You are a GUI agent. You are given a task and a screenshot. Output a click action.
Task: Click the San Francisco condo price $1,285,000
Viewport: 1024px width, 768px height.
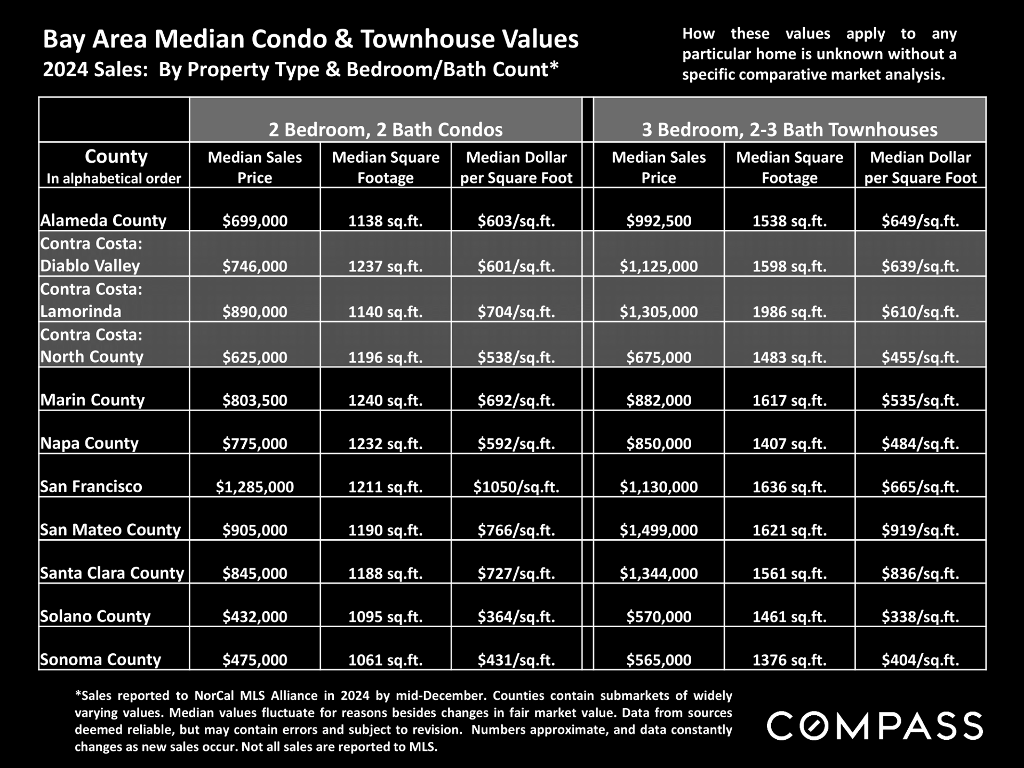[254, 487]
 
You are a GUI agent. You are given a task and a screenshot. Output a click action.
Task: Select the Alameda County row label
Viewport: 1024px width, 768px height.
[103, 221]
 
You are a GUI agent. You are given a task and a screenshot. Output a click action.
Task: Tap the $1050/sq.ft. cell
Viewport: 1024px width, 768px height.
[516, 487]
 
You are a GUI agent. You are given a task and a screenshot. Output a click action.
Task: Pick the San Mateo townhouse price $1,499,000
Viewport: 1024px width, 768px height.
[659, 530]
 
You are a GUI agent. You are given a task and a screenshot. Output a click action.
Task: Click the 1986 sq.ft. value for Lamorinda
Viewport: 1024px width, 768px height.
[789, 312]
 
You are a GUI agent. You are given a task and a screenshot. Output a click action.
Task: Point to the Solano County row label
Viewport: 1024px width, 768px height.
[95, 617]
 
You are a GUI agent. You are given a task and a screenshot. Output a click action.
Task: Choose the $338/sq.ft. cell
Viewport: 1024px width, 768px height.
[920, 617]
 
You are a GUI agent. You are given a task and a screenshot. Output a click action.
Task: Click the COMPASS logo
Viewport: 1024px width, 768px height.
[875, 725]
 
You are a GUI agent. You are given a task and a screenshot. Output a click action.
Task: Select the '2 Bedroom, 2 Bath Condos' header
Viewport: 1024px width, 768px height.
[386, 130]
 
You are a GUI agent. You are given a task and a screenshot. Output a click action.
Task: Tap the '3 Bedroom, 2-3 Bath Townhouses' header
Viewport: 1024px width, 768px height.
[789, 130]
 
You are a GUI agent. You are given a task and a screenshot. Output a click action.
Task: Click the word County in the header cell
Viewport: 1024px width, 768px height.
[116, 156]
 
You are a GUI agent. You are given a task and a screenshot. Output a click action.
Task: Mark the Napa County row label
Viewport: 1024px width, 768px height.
[90, 443]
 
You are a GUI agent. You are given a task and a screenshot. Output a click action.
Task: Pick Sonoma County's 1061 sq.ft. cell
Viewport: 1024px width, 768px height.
[386, 660]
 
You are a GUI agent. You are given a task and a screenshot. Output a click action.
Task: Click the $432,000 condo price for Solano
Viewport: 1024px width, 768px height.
[255, 617]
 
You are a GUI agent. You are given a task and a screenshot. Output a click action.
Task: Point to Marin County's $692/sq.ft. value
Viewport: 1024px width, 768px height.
[516, 401]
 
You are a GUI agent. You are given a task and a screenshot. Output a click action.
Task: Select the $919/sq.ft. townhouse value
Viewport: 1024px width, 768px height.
[920, 530]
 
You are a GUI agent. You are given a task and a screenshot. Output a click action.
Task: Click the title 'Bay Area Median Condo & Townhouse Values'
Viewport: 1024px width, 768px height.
[310, 39]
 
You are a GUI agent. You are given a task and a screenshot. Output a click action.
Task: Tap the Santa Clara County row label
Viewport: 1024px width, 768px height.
[112, 573]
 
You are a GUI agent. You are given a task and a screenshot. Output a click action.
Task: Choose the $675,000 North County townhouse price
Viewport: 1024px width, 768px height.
[659, 357]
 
